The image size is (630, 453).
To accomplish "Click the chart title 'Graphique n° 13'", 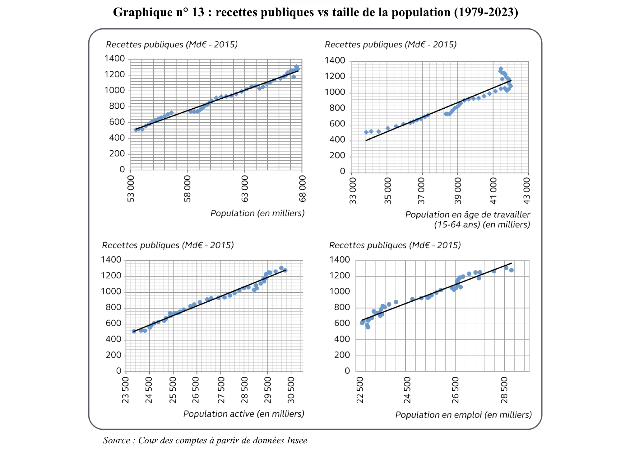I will (315, 12).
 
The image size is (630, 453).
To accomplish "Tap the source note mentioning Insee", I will (205, 440).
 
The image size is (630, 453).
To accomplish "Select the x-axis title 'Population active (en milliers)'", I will (243, 414).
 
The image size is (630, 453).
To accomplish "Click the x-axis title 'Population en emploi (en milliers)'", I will (463, 415).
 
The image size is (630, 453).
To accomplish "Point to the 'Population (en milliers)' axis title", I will (257, 213).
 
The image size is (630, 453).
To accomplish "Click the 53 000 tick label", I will (131, 189).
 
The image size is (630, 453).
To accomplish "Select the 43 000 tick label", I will (526, 191).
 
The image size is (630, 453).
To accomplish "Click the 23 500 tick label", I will (125, 390).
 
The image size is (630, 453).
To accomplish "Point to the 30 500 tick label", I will (291, 390).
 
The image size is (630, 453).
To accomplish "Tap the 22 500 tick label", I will (360, 390).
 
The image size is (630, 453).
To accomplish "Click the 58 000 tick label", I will (187, 189).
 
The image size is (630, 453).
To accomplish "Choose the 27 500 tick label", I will (221, 390).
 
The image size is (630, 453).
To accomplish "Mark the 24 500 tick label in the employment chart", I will (407, 390).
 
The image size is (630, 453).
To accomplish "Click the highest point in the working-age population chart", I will (501, 69).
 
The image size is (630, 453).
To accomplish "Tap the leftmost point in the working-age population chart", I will (366, 132).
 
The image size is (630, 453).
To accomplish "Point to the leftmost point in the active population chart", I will (134, 331).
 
